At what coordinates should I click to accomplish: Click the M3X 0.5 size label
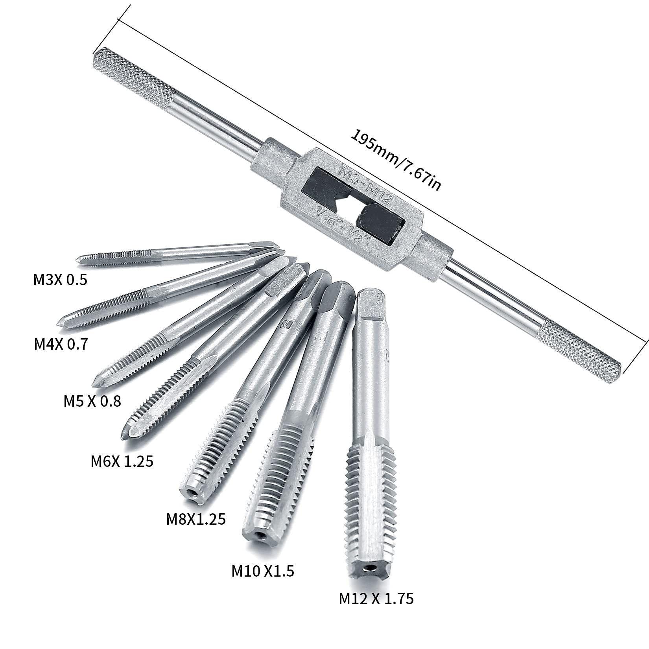[x=59, y=280]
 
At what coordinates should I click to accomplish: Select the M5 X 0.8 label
[x=92, y=401]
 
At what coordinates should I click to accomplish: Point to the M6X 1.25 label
[x=122, y=461]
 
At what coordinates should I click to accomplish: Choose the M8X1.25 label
[x=196, y=519]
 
